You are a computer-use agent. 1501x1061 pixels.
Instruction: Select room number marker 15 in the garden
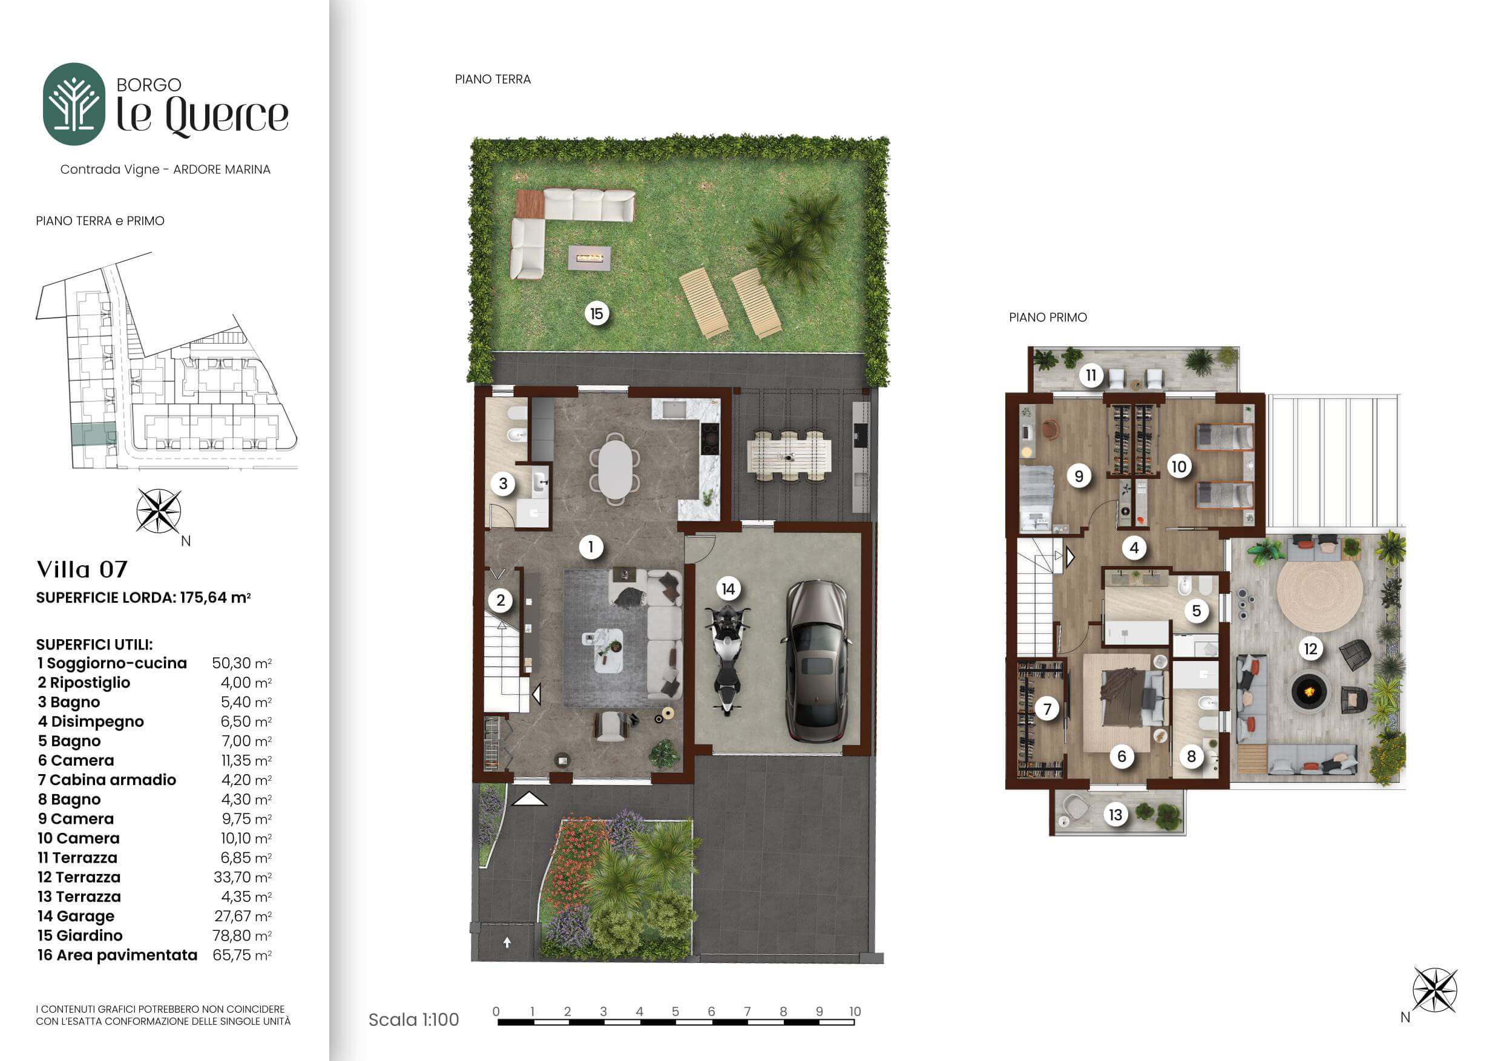(596, 314)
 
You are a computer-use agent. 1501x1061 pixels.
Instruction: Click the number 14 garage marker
(728, 589)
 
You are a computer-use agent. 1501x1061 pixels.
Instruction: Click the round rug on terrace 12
(1319, 594)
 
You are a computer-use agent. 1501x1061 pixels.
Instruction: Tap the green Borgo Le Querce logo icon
(74, 104)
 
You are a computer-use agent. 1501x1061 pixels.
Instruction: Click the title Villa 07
(82, 570)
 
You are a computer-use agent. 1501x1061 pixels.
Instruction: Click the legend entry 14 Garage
(76, 916)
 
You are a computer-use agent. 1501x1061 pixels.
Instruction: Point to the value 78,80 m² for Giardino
(242, 936)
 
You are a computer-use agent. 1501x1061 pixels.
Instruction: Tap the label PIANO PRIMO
(1048, 317)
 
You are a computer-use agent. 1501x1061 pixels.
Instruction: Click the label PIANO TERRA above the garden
(493, 79)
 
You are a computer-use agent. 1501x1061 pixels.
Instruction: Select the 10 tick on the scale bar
(855, 1011)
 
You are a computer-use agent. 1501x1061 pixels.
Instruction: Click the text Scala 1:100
(414, 1019)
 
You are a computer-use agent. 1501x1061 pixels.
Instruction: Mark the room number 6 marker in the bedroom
(1122, 757)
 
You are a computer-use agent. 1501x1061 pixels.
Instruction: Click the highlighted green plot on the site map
(93, 434)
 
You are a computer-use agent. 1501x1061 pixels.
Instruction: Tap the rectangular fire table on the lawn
(589, 258)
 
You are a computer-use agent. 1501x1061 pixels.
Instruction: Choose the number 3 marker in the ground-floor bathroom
(503, 484)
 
